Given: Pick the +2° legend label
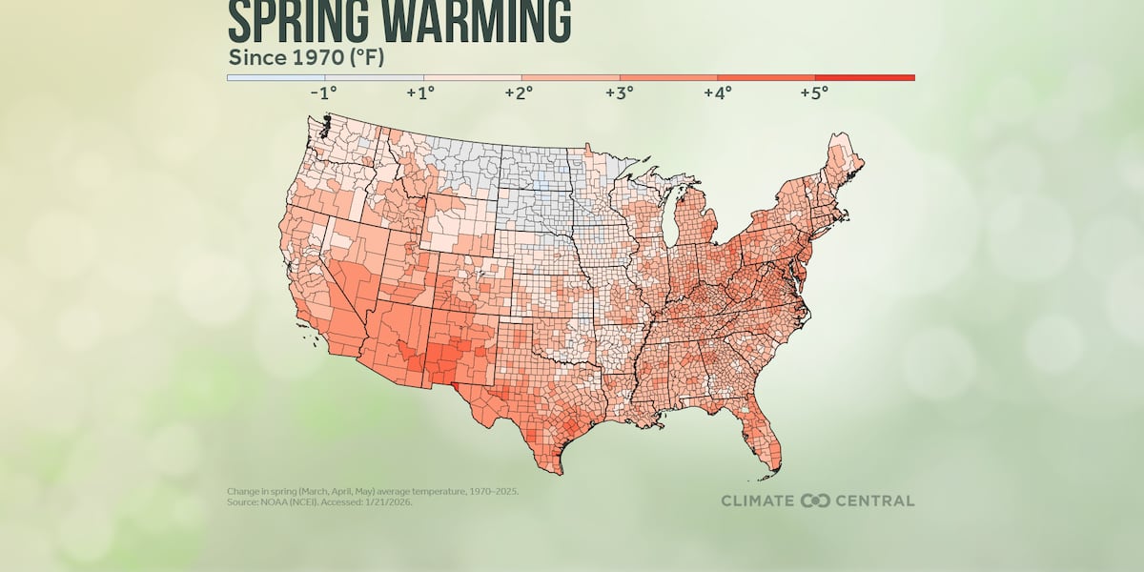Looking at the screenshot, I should pos(521,93).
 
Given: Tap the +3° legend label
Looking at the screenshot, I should pos(619,93).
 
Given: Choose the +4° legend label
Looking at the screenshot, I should pos(717,93).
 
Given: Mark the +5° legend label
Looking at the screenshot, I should pos(815,93).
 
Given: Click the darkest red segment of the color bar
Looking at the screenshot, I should pos(865,77).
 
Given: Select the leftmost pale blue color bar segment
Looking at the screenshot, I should pos(276,77).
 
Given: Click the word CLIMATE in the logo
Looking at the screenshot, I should pos(758,500).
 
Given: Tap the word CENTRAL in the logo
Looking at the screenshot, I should pos(875,500).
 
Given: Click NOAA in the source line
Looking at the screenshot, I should pos(273,501).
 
